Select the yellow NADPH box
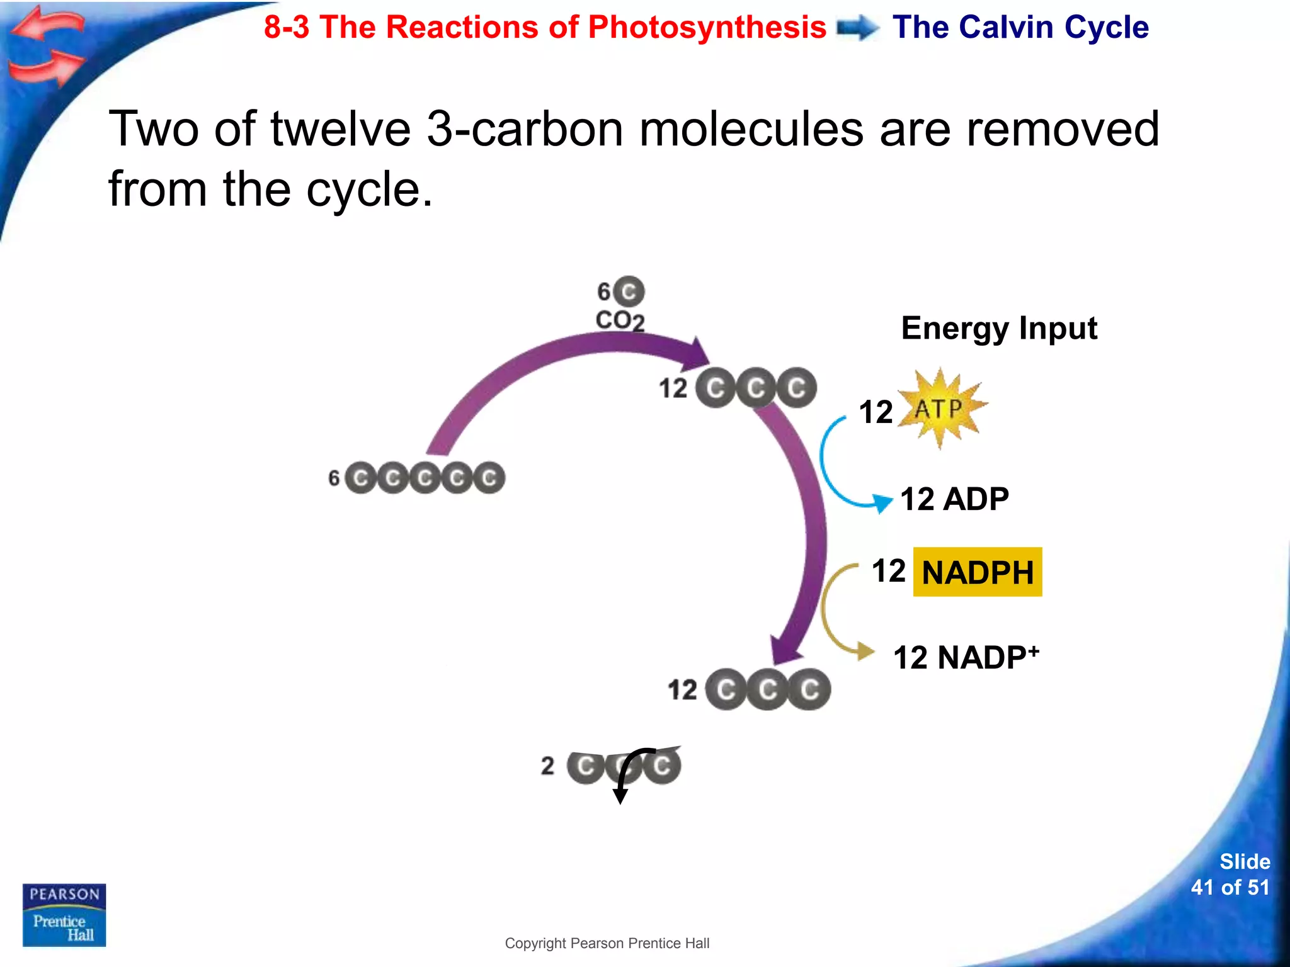click(977, 572)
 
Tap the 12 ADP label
click(954, 499)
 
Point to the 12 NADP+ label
click(966, 657)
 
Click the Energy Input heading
click(999, 328)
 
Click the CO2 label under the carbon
click(620, 320)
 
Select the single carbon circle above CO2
click(629, 291)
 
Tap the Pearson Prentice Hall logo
click(64, 915)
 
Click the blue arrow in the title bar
click(858, 28)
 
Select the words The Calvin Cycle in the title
click(1020, 28)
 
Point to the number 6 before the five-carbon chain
click(334, 478)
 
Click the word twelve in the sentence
click(341, 129)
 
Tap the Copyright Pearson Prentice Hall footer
click(607, 943)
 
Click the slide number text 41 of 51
click(1230, 887)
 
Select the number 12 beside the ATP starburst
click(876, 412)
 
